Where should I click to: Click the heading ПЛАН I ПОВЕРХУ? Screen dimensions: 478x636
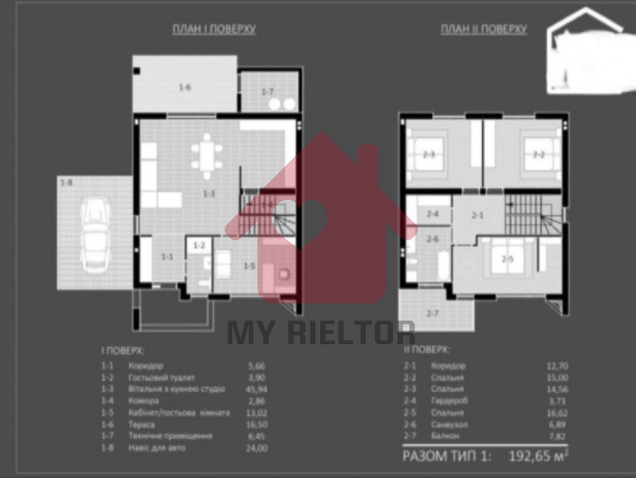pyautogui.click(x=214, y=29)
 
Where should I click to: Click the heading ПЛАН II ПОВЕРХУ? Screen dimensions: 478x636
pyautogui.click(x=485, y=29)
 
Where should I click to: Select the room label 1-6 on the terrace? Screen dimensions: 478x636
pyautogui.click(x=184, y=88)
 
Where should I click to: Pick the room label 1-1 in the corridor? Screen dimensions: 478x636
pyautogui.click(x=167, y=257)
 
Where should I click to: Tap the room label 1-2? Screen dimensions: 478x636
pyautogui.click(x=199, y=245)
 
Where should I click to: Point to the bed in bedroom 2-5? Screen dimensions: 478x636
pyautogui.click(x=508, y=259)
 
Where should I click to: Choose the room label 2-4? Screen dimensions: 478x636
pyautogui.click(x=432, y=214)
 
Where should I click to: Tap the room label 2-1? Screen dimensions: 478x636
pyautogui.click(x=477, y=215)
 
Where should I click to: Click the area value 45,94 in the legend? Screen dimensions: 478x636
pyautogui.click(x=258, y=389)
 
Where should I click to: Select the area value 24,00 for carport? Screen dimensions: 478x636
pyautogui.click(x=258, y=448)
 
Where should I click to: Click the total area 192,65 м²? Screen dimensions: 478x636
pyautogui.click(x=538, y=455)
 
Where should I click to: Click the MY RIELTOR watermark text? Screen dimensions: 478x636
pyautogui.click(x=321, y=332)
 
